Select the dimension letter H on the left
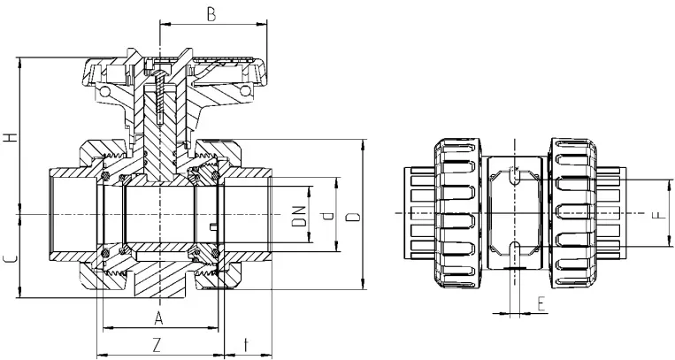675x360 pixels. click(x=10, y=137)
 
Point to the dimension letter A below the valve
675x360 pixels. click(x=159, y=317)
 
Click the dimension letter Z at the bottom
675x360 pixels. click(x=157, y=342)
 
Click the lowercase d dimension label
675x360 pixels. click(x=327, y=215)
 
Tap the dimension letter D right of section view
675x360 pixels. click(x=352, y=215)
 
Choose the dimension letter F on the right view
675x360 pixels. click(x=655, y=215)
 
